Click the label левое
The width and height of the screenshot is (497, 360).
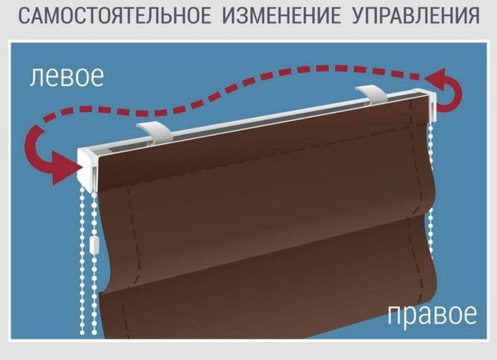[66, 77]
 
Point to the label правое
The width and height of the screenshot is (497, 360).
[432, 315]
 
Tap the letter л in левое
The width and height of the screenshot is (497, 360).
[36, 78]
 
